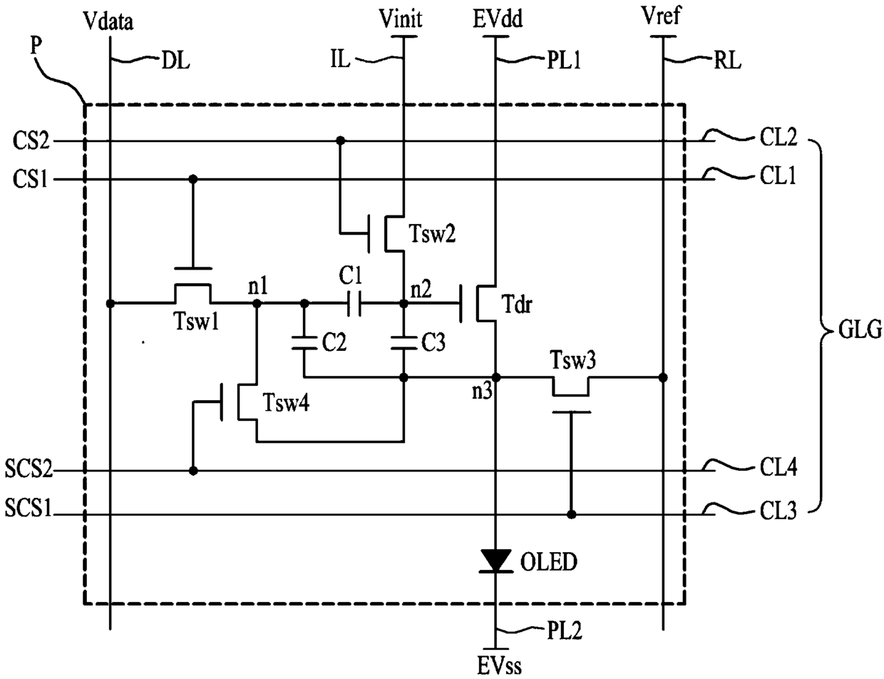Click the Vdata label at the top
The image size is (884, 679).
pyautogui.click(x=108, y=21)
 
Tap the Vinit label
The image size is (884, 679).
pyautogui.click(x=401, y=19)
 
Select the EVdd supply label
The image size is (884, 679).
pyautogui.click(x=498, y=19)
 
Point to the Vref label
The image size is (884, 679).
pyautogui.click(x=661, y=16)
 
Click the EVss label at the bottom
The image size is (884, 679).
pyautogui.click(x=499, y=666)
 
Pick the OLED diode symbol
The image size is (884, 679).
pyautogui.click(x=496, y=561)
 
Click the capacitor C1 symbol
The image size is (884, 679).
pyautogui.click(x=354, y=304)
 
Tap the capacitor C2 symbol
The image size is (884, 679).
pyautogui.click(x=304, y=342)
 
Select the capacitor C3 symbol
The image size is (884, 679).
pyautogui.click(x=404, y=342)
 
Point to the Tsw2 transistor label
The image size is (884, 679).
pyautogui.click(x=432, y=234)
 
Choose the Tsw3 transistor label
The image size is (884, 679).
pyautogui.click(x=572, y=359)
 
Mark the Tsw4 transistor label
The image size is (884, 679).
pyautogui.click(x=286, y=403)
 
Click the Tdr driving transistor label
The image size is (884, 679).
pyautogui.click(x=517, y=305)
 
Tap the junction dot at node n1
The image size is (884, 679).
pyautogui.click(x=257, y=304)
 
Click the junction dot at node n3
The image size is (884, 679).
pyautogui.click(x=496, y=377)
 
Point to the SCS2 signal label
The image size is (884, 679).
pyautogui.click(x=29, y=469)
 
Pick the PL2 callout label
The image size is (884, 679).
pyautogui.click(x=564, y=630)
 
